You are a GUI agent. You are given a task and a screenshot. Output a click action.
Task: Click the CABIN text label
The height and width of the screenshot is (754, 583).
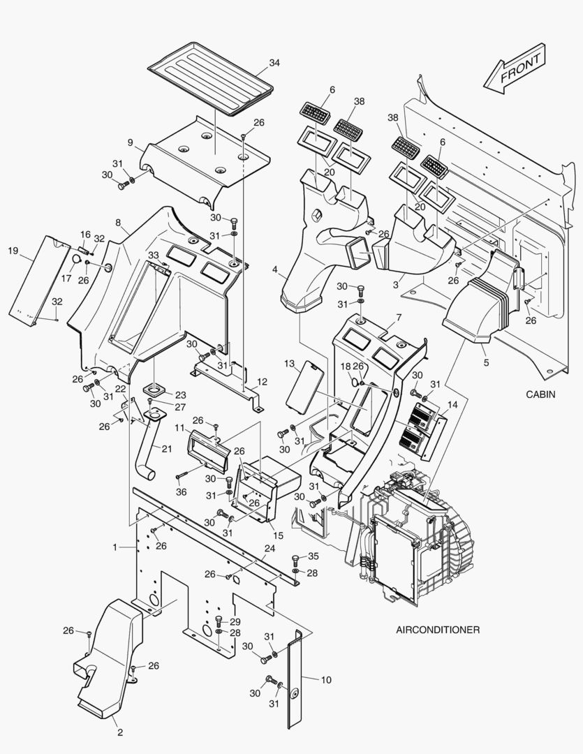click(x=540, y=394)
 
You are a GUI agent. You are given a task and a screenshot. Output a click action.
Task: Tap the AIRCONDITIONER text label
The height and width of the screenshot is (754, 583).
click(x=438, y=630)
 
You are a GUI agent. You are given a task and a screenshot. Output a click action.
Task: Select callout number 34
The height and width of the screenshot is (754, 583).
click(x=274, y=63)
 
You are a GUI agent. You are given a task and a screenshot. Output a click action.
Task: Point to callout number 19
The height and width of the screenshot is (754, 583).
click(x=13, y=251)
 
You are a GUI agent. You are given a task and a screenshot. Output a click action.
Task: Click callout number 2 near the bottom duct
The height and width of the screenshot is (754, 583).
click(x=119, y=732)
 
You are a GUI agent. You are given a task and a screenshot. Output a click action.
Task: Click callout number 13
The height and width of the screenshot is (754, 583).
click(x=289, y=364)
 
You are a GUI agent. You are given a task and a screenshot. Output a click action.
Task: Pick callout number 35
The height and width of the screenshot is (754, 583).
click(x=313, y=556)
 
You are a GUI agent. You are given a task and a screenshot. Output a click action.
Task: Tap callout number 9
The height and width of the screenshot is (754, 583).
click(x=131, y=142)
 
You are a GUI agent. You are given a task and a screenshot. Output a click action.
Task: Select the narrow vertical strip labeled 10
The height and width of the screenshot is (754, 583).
click(x=296, y=677)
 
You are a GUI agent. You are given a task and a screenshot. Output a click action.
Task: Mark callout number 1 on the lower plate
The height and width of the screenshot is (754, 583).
click(x=115, y=548)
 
